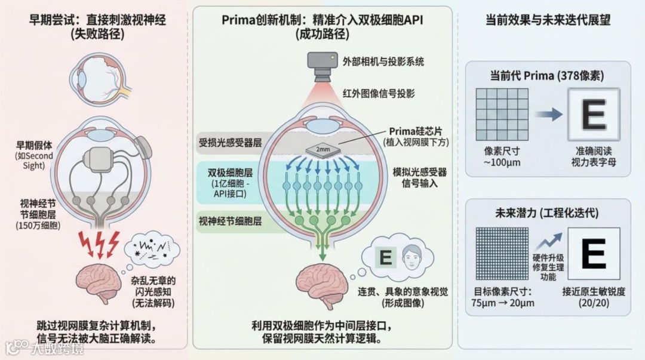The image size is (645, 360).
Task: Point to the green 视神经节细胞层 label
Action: pyautogui.click(x=229, y=220)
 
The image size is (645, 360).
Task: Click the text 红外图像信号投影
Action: pyautogui.click(x=379, y=94)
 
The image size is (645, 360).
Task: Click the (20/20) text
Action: pyautogui.click(x=593, y=303)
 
